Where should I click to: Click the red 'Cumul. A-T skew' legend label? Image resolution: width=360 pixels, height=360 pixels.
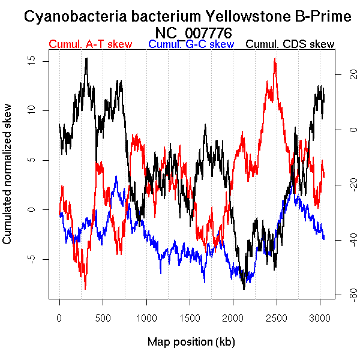tap(90, 44)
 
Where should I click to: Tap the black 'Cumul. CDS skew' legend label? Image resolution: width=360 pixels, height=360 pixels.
tap(290, 44)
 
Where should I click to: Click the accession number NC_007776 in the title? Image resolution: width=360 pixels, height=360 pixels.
tap(193, 32)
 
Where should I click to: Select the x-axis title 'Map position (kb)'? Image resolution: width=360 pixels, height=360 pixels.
tap(191, 342)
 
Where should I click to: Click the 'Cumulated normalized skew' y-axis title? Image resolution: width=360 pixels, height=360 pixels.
tap(8, 181)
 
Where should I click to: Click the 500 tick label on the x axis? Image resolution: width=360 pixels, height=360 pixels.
tap(103, 316)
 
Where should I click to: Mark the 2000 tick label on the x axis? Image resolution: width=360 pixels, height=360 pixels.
tap(233, 316)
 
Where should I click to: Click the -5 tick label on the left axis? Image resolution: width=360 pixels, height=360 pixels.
tap(38, 259)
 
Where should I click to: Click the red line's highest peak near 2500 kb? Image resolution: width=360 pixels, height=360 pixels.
tap(275, 59)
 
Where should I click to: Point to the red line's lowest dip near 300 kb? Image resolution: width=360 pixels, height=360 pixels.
tap(85, 288)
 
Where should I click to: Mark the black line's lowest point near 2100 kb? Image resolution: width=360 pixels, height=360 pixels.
tap(244, 289)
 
